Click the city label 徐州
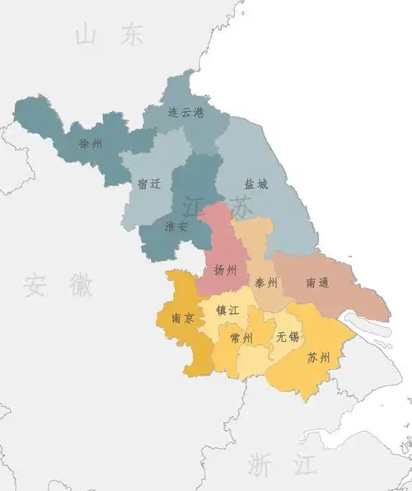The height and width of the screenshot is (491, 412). [91, 144]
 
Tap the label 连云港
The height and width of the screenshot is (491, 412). [185, 113]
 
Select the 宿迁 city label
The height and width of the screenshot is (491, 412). [149, 185]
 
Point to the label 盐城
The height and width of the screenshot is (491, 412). [255, 185]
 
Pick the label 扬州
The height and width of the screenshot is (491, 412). [225, 270]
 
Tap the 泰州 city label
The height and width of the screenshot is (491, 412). [266, 283]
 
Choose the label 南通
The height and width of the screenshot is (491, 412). [317, 283]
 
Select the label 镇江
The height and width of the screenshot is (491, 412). [227, 311]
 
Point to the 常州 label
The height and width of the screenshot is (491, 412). [242, 338]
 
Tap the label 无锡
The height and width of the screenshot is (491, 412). [288, 336]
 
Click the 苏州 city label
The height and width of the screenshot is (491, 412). [318, 358]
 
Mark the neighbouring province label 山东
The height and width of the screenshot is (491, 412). [109, 35]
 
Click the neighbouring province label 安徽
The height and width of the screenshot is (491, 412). [58, 285]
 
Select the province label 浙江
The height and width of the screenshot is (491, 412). [283, 464]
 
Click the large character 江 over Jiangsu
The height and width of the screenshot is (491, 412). [194, 205]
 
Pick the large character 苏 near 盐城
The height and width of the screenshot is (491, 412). [242, 207]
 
